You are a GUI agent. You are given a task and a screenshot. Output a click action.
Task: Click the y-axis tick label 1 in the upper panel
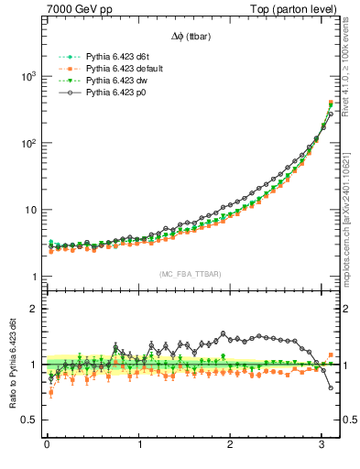35,278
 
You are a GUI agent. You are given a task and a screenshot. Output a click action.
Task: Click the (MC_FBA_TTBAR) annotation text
190,275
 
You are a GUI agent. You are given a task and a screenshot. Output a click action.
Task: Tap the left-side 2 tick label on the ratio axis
34,309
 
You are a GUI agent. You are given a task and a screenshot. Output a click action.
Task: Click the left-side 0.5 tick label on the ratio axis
30,420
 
